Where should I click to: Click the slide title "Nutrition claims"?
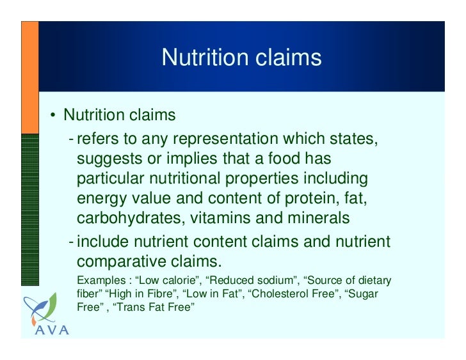click(241, 58)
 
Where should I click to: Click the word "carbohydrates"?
click(129, 218)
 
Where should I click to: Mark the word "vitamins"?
click(221, 218)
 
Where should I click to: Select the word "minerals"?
click(318, 218)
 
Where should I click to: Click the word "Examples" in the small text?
click(97, 281)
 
